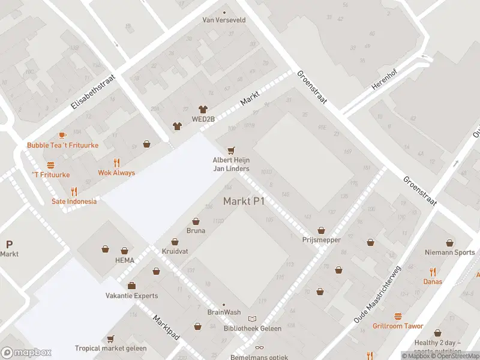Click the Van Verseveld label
[224, 20]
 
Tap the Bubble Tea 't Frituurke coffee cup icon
[62, 136]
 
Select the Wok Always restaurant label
[116, 173]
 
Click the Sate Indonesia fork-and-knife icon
[74, 191]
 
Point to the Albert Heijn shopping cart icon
[230, 151]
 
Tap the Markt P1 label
[244, 201]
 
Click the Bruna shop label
[196, 230]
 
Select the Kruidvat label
[175, 251]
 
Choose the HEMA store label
[125, 260]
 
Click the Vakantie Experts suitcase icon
[131, 286]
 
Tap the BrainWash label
[224, 312]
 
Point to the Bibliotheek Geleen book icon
[253, 319]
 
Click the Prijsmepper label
[322, 239]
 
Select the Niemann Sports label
[449, 253]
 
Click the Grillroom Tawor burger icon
[397, 316]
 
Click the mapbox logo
[26, 352]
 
